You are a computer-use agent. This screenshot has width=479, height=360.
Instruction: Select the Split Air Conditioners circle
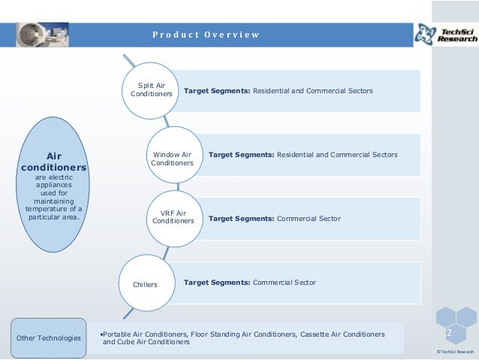152,91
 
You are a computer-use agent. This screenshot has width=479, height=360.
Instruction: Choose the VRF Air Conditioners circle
173,218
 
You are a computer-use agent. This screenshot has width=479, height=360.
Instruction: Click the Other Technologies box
49,338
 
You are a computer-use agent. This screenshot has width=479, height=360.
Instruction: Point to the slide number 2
450,333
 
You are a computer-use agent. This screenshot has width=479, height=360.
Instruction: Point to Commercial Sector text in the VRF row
309,218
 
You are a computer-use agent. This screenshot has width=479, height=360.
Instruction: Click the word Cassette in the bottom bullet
313,333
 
